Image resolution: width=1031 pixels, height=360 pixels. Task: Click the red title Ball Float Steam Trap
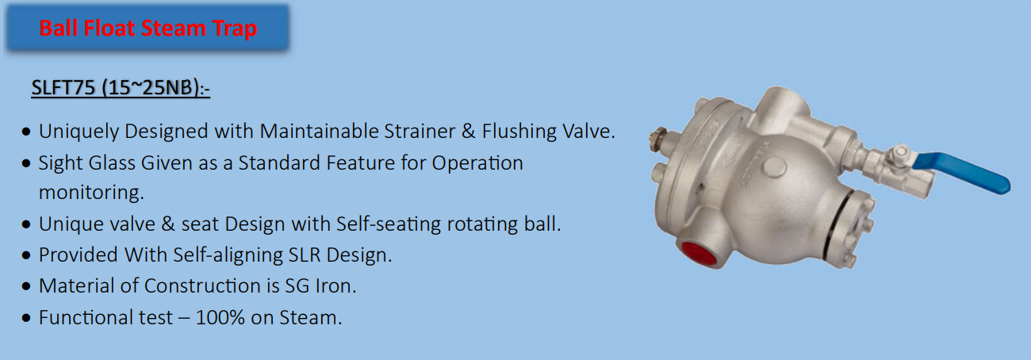pos(148,28)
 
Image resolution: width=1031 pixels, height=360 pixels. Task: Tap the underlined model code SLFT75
pos(63,87)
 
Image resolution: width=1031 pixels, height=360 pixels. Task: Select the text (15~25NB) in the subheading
pos(150,87)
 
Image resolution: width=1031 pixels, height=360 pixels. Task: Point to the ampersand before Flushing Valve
pos(469,132)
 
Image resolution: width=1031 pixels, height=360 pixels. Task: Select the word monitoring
pos(91,193)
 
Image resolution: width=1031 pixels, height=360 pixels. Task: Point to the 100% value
pos(220,318)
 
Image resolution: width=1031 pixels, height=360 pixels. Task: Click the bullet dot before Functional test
pos(26,318)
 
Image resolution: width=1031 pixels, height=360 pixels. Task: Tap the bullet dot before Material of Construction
pos(26,286)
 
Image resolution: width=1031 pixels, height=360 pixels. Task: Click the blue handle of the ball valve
pos(961,172)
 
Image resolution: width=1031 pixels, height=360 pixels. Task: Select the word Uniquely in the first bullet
pos(79,132)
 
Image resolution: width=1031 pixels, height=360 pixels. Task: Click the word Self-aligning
pos(228,255)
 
